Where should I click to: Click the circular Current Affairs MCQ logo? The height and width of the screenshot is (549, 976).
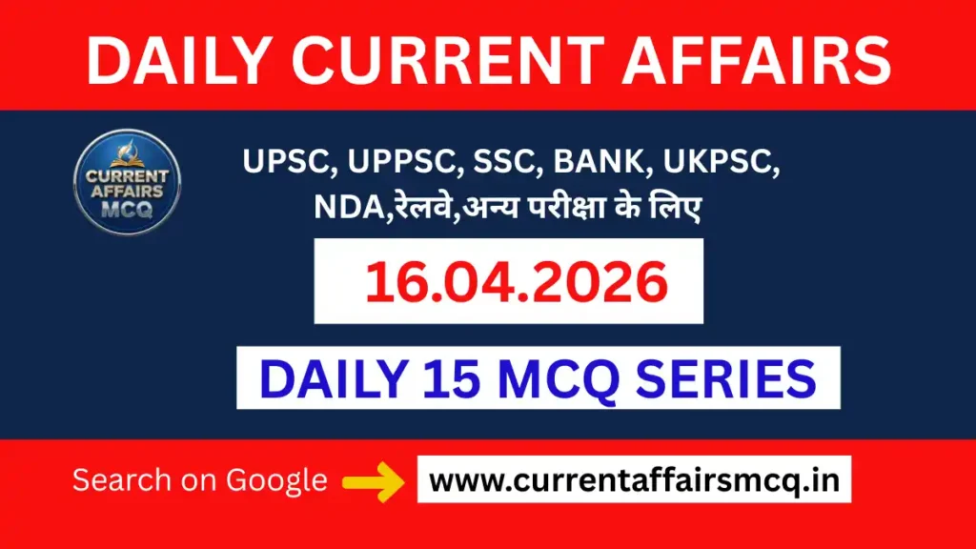pyautogui.click(x=127, y=181)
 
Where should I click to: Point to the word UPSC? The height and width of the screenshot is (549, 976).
pyautogui.click(x=282, y=163)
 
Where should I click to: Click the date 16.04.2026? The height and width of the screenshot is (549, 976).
pyautogui.click(x=508, y=282)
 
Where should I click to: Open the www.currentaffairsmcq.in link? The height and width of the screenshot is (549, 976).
pyautogui.click(x=634, y=480)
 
